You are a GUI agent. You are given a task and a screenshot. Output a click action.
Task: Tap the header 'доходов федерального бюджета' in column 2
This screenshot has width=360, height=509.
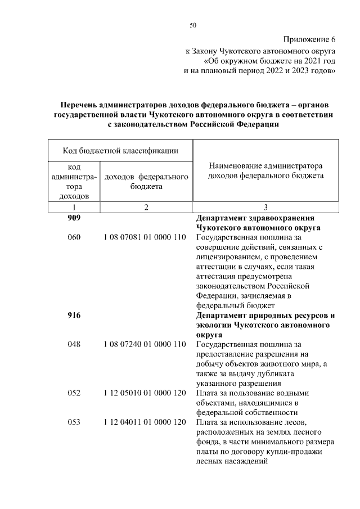(x=146, y=182)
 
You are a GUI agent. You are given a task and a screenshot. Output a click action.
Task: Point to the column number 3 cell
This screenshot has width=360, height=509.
(x=265, y=208)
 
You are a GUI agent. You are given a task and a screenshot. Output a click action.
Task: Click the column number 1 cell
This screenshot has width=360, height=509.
(x=74, y=208)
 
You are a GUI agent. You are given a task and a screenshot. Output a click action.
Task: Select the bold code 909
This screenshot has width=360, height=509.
(x=74, y=218)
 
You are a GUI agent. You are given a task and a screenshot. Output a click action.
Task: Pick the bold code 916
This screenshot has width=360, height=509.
(x=74, y=316)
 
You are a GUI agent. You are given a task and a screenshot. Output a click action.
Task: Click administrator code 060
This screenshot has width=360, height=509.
(x=74, y=237)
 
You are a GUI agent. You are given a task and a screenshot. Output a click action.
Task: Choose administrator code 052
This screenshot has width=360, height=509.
(x=74, y=393)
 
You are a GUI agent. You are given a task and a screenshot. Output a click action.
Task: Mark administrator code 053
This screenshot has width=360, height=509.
(x=74, y=422)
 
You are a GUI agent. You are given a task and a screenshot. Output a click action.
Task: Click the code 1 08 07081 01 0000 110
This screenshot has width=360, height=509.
(x=146, y=237)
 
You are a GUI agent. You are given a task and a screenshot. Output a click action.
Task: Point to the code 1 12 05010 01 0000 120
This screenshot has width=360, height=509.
(x=146, y=393)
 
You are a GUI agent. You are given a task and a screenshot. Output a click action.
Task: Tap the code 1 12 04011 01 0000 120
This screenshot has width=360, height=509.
(x=146, y=422)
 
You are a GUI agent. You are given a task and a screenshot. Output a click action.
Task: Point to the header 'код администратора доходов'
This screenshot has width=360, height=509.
(x=74, y=182)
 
